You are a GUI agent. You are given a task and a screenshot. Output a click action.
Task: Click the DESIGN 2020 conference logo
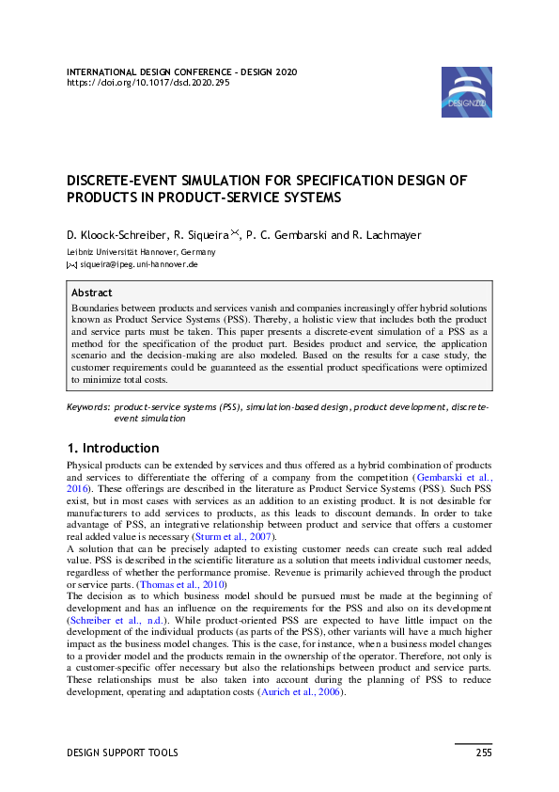click(x=467, y=91)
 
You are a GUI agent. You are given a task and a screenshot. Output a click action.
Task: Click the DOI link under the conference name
click(x=147, y=82)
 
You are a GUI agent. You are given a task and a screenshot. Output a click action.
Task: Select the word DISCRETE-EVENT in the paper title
click(x=116, y=181)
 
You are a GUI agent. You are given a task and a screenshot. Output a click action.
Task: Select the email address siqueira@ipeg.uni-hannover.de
click(x=138, y=265)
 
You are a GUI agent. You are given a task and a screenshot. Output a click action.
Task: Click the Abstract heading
click(x=92, y=293)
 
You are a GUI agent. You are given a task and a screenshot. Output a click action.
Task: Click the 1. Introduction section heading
click(x=113, y=448)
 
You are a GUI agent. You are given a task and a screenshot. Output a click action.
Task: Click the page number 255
click(x=483, y=752)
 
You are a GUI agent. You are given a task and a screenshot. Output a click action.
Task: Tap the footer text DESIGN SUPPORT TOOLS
click(x=122, y=752)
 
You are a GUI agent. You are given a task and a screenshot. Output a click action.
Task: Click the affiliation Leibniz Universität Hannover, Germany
click(x=141, y=252)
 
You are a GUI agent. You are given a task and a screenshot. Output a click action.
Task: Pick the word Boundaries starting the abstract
click(x=97, y=308)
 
